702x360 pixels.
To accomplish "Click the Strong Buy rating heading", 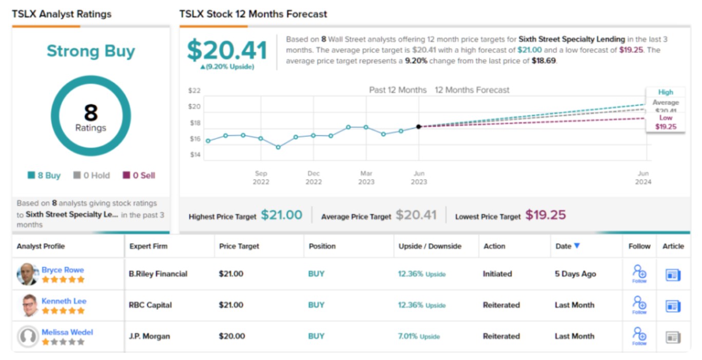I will pos(91,51).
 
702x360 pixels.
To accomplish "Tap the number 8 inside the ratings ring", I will pos(91,112).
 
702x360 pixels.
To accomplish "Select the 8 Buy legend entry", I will pos(44,175).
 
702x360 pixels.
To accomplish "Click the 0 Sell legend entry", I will pos(139,175).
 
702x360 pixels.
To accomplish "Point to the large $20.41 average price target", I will pos(227,51).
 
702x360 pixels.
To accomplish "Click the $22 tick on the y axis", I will pos(195,91).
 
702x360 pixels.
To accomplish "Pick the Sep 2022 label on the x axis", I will pos(261,177).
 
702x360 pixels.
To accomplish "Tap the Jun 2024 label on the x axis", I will pos(643,177).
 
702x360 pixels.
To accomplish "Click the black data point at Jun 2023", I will pos(419,127).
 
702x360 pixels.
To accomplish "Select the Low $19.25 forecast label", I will pos(666,123).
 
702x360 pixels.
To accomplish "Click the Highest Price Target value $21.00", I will pos(282,215).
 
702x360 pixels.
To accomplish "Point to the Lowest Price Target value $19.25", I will pos(545,215).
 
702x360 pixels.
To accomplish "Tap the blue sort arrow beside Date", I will pos(577,246).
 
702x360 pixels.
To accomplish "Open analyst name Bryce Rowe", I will pos(63,270).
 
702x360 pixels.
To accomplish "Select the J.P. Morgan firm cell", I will pos(149,336).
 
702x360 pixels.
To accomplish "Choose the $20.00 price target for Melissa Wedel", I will pos(232,336).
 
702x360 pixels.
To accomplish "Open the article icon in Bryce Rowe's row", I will pos(673,275).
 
